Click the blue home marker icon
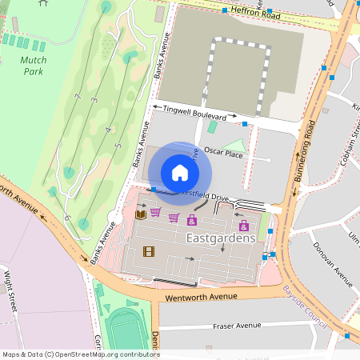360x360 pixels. [180, 173]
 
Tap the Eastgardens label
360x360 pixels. [221, 238]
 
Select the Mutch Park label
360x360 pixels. [33, 66]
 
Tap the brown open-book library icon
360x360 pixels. [141, 214]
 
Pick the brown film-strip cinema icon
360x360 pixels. [148, 251]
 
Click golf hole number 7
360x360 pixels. [78, 98]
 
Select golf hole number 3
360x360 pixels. [94, 100]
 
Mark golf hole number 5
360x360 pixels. [118, 146]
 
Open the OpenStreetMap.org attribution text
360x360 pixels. [106, 354]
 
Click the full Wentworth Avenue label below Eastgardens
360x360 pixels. [202, 298]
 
